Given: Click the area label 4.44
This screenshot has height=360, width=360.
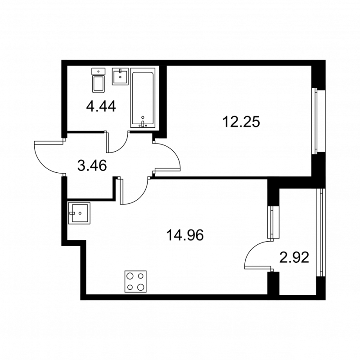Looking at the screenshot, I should (x=101, y=107).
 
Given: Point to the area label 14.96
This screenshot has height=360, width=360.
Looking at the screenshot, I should (x=184, y=235).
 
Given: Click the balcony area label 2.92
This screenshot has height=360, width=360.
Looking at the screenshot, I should (x=294, y=258).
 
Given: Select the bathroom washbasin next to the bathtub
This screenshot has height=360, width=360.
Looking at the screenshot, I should (x=120, y=76).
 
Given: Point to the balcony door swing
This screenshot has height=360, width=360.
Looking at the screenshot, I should (x=256, y=254).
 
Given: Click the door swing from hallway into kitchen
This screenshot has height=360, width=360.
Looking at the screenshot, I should (x=134, y=191).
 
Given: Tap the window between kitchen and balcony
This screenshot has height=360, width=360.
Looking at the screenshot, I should (x=271, y=222).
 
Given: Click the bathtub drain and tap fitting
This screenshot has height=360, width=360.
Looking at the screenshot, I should (x=143, y=123).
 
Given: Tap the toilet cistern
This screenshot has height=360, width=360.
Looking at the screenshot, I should (x=98, y=71).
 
